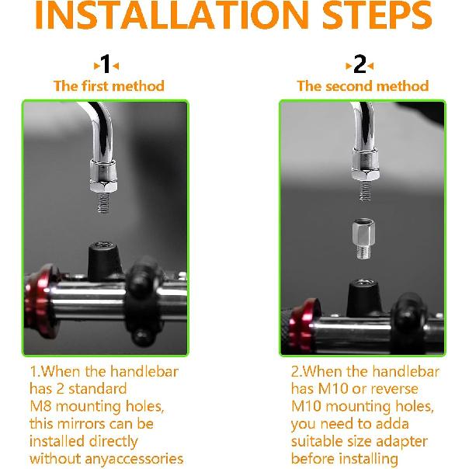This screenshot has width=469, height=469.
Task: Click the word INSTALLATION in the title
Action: [172, 14]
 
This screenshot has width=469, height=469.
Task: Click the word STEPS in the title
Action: [377, 14]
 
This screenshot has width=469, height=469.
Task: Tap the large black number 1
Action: [106, 64]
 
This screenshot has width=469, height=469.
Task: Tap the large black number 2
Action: [360, 64]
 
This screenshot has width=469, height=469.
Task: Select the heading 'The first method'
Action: [109, 86]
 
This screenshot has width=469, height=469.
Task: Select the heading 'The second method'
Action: [363, 86]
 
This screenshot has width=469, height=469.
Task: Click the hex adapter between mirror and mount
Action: [363, 239]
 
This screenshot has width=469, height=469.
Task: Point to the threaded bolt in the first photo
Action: [103, 202]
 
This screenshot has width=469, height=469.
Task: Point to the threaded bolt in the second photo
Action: [365, 190]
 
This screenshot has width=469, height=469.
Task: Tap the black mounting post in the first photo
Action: [104, 261]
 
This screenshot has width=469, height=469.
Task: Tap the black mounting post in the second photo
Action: [364, 297]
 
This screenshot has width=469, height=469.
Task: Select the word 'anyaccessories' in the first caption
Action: [134, 459]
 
